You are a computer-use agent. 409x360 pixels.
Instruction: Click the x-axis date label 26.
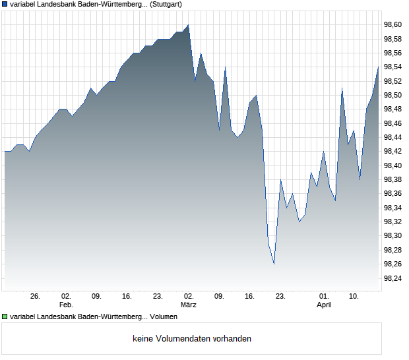click(x=35, y=297)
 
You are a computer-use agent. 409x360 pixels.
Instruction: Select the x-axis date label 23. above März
click(x=158, y=297)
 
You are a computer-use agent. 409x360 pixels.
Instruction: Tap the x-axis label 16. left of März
click(x=127, y=297)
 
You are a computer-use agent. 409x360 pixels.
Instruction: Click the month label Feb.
click(x=66, y=305)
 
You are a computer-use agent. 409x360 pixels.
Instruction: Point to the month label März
click(x=189, y=305)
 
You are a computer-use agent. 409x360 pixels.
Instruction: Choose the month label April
click(x=323, y=305)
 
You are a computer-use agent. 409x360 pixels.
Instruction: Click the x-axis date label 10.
click(x=354, y=297)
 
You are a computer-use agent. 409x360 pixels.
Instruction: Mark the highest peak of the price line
click(x=188, y=25)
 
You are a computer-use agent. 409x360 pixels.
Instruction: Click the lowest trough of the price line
click(x=274, y=264)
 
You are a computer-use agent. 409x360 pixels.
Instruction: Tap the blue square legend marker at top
click(x=5, y=4)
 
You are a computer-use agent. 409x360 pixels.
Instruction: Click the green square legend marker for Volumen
click(x=5, y=316)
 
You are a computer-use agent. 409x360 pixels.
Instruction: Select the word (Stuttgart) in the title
click(x=164, y=4)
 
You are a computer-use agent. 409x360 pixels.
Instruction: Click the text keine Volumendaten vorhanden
click(x=192, y=338)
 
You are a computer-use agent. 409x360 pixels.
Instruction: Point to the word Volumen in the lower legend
click(x=163, y=316)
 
